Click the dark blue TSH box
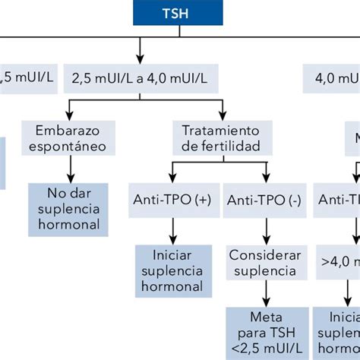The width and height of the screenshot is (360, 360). coord(180,13)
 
